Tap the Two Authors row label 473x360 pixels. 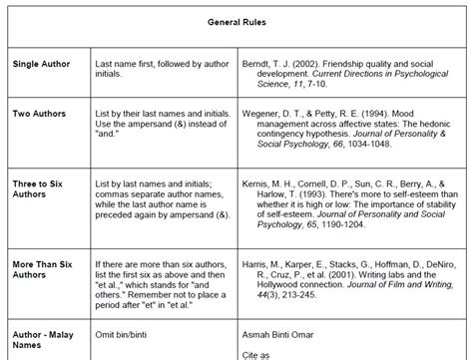click(39, 114)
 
